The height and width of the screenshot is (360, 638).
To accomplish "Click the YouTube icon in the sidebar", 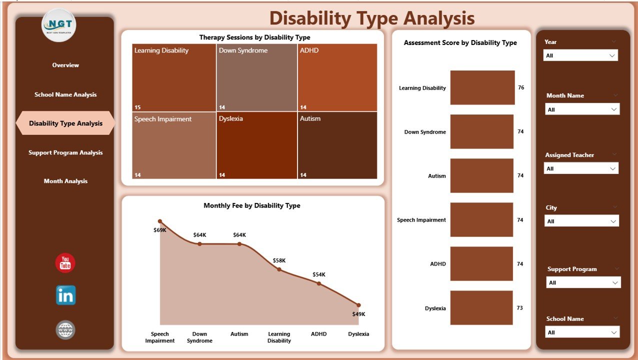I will [65, 263].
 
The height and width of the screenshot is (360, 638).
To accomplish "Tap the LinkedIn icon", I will [65, 295].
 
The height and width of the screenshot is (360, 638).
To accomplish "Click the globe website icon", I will [65, 330].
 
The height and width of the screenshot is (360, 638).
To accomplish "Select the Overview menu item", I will [65, 65].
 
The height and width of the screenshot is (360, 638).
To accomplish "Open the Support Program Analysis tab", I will [65, 152].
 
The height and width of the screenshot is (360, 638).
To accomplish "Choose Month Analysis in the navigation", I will [65, 181].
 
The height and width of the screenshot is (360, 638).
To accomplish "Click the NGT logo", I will [59, 24].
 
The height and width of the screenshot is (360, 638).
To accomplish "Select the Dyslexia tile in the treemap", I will [257, 145].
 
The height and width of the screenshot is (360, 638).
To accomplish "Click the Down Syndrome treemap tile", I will [257, 77].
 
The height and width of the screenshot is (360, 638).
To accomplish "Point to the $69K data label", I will [159, 230].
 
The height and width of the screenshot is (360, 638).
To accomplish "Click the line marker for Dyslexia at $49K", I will [358, 305].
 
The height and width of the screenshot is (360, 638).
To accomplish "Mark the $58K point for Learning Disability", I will [279, 269].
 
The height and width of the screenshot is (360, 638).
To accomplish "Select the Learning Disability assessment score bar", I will [482, 87].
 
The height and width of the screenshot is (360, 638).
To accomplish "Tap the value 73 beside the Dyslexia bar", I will [519, 308].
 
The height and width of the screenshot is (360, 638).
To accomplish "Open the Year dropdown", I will [580, 55].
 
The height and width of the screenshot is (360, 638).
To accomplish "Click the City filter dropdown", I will [581, 221].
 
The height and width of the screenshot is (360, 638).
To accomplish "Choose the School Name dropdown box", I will [581, 332].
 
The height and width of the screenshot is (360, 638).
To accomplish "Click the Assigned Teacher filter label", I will [569, 155].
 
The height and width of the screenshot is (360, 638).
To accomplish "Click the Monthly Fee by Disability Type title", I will [252, 205].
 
